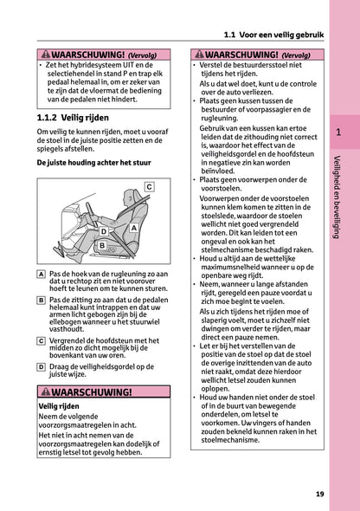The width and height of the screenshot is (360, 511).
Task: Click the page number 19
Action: click(x=319, y=495)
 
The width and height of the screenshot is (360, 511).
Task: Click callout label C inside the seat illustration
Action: click(x=148, y=186)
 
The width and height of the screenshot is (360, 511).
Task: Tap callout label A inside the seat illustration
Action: click(x=134, y=227)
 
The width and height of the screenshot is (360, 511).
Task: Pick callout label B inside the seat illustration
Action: click(x=102, y=246)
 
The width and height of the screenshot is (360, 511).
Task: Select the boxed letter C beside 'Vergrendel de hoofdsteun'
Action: click(x=42, y=341)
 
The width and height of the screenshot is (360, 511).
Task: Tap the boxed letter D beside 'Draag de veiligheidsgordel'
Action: click(x=42, y=367)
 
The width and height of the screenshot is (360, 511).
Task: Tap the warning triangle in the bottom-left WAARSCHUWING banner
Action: click(x=48, y=392)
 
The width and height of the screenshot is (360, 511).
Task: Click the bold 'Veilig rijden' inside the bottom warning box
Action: click(x=60, y=406)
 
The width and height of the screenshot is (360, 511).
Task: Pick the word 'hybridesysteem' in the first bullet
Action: click(x=87, y=66)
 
